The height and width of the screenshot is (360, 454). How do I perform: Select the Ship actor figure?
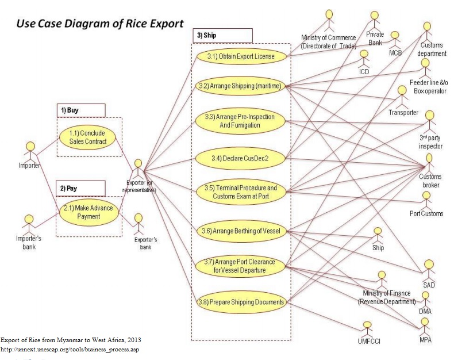tap(378, 235)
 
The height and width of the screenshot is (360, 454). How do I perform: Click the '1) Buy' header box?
tap(80, 110)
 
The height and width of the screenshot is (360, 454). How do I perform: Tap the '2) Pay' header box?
tap(80, 187)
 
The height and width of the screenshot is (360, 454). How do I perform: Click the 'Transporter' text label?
tap(403, 112)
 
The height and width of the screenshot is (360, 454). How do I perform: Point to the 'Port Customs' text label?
tap(426, 213)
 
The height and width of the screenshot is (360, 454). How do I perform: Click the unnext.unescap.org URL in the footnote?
tap(70, 349)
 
